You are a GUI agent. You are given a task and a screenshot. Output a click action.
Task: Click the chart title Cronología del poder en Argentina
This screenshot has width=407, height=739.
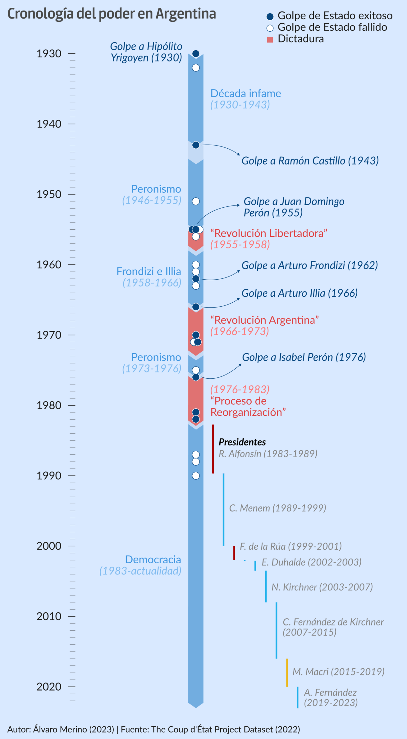pyautogui.click(x=112, y=14)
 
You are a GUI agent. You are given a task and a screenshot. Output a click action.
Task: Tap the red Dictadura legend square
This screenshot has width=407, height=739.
pyautogui.click(x=270, y=39)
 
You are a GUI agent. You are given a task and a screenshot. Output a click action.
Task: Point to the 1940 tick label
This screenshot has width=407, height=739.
pyautogui.click(x=49, y=124)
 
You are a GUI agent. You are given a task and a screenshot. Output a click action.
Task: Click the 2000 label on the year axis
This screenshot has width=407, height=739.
pyautogui.click(x=49, y=546)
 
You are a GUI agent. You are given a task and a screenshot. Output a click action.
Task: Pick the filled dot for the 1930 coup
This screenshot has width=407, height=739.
pyautogui.click(x=196, y=54)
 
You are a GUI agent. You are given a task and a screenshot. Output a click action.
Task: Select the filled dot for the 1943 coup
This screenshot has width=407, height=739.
pyautogui.click(x=196, y=145)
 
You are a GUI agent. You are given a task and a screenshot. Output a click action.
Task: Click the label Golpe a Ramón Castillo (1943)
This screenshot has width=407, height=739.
pyautogui.click(x=310, y=160)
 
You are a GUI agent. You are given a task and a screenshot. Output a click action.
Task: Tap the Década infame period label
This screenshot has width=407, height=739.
pyautogui.click(x=245, y=93)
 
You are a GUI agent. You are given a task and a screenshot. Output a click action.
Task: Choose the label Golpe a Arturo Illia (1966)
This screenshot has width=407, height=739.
pyautogui.click(x=300, y=293)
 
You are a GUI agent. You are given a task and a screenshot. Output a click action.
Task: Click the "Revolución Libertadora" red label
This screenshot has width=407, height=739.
pyautogui.click(x=269, y=233)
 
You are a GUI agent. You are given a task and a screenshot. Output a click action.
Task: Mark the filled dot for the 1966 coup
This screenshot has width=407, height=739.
pyautogui.click(x=196, y=307)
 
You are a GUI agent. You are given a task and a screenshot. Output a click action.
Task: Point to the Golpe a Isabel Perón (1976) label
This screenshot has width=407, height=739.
pyautogui.click(x=304, y=357)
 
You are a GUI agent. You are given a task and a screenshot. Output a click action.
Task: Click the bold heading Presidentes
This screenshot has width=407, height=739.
pyautogui.click(x=242, y=442)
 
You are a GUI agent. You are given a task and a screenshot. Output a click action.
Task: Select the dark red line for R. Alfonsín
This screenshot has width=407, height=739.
pyautogui.click(x=213, y=449)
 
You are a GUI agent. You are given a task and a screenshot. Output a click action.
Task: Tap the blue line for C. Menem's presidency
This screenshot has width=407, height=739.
pyautogui.click(x=223, y=510)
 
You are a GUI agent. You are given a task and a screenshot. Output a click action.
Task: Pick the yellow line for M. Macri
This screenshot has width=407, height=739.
pyautogui.click(x=287, y=672)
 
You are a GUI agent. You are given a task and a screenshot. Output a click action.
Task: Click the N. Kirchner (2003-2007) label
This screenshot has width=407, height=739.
pyautogui.click(x=322, y=587)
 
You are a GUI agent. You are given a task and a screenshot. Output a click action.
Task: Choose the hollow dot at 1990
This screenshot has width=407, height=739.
pyautogui.click(x=196, y=475)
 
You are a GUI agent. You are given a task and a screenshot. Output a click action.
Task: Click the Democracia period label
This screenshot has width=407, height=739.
pyautogui.click(x=153, y=559)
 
